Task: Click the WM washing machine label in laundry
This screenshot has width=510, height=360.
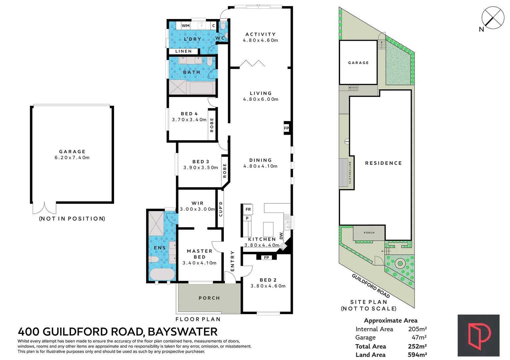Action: pyautogui.click(x=185, y=26)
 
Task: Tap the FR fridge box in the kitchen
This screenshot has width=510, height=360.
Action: pyautogui.click(x=248, y=209)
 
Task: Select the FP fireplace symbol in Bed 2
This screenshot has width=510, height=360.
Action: pyautogui.click(x=266, y=257)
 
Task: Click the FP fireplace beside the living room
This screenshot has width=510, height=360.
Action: pyautogui.click(x=286, y=128)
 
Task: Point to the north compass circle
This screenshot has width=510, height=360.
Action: pyautogui.click(x=493, y=18)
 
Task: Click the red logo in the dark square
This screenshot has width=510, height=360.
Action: pyautogui.click(x=478, y=335)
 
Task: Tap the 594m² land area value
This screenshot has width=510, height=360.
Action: pyautogui.click(x=417, y=355)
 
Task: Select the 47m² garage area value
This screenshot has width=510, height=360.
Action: pyautogui.click(x=419, y=337)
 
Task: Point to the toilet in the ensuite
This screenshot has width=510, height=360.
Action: pyautogui.click(x=154, y=259)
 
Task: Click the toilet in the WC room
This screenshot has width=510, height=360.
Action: pyautogui.click(x=223, y=25)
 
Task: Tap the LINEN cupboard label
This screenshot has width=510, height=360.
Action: pyautogui.click(x=183, y=51)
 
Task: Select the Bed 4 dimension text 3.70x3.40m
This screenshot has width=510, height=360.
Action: pyautogui.click(x=189, y=120)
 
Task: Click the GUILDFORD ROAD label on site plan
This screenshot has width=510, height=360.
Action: pyautogui.click(x=371, y=286)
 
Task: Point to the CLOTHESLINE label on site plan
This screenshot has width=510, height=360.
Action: pyautogui.click(x=350, y=173)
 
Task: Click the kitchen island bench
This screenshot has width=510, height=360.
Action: pyautogui.click(x=268, y=229)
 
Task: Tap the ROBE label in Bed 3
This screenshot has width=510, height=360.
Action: pyautogui.click(x=225, y=171)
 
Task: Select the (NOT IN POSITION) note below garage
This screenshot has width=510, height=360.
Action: pyautogui.click(x=72, y=219)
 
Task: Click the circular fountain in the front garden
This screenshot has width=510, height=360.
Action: pyautogui.click(x=400, y=264)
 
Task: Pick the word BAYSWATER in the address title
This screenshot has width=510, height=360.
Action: pyautogui.click(x=182, y=332)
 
